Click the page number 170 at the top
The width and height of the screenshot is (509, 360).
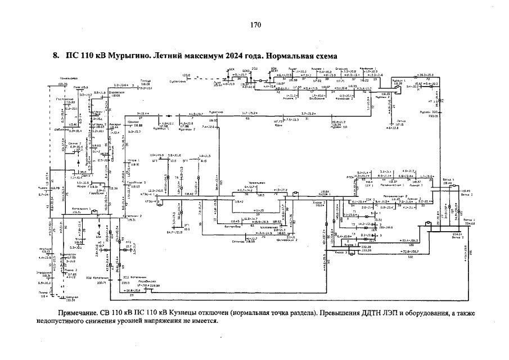pos(256,25)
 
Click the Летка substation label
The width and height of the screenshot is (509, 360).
pos(400,121)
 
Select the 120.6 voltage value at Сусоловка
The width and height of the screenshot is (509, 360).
pos(187,75)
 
